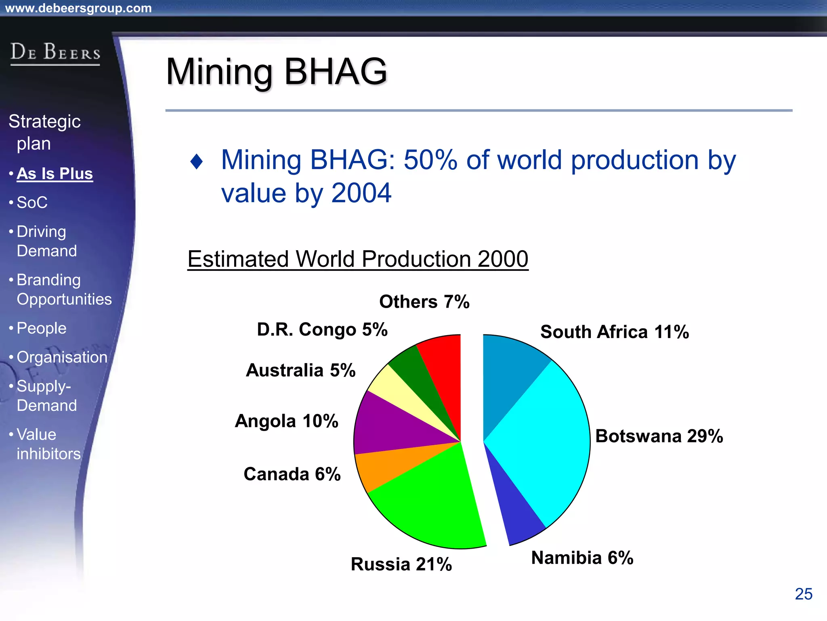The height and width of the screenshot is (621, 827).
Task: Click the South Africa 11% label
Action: coord(614,332)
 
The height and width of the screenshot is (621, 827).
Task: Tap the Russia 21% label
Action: coord(401,564)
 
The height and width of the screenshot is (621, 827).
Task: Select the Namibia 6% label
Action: coord(582,558)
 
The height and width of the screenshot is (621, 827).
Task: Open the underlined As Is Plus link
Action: coord(55,173)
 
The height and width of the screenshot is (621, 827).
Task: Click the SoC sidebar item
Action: coord(32,203)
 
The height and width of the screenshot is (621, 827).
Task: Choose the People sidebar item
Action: coord(41,328)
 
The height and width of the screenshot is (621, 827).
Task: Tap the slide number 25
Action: coord(803,594)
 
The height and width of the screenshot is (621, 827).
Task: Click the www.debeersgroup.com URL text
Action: coord(78,8)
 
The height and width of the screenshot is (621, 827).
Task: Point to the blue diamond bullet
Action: coord(197,162)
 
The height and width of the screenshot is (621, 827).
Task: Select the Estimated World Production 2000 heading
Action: coord(358,259)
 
